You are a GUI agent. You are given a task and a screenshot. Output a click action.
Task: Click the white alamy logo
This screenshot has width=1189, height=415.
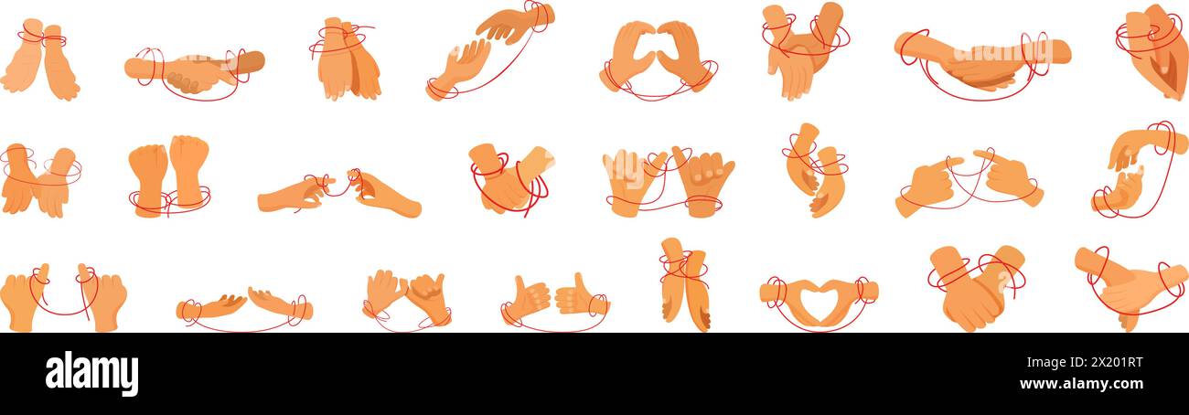pyautogui.click(x=91, y=373)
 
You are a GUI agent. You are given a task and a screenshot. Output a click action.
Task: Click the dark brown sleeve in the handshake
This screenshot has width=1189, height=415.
pyautogui.click(x=249, y=62)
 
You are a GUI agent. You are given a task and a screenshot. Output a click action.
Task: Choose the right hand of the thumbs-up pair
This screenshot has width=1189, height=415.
pyautogui.click(x=577, y=294)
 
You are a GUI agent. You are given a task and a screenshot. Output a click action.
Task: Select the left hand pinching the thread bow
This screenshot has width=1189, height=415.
pyautogui.click(x=291, y=195)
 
